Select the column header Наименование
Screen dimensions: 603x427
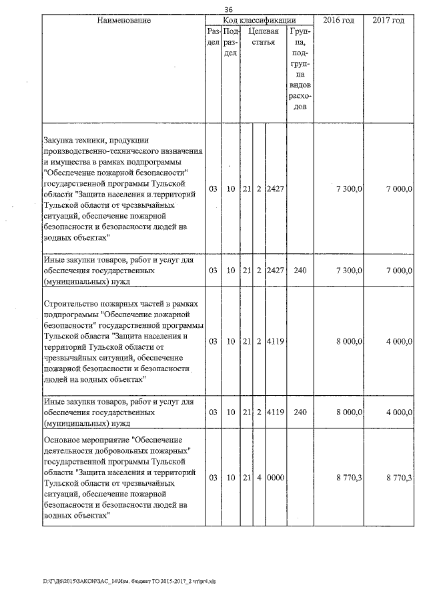point(123,21)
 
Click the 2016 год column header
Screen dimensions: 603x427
point(338,21)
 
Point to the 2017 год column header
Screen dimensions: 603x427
point(388,21)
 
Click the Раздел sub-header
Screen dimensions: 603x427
point(213,37)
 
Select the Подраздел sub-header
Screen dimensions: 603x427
point(230,42)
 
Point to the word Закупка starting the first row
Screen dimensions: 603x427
point(59,141)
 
